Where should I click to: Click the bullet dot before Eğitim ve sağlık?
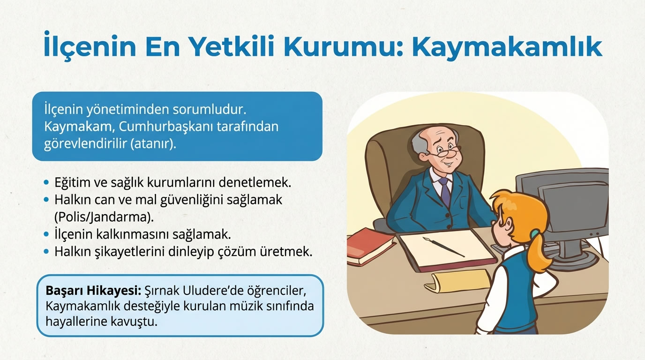(x=45, y=181)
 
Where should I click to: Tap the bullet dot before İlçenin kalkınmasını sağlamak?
(x=45, y=234)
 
